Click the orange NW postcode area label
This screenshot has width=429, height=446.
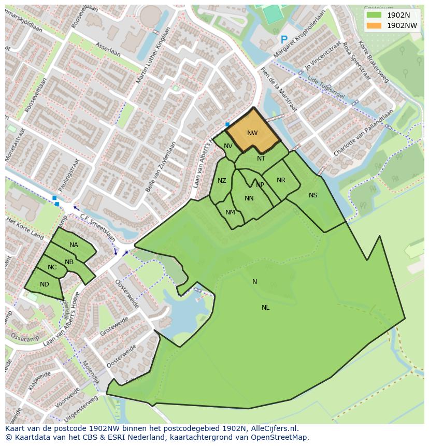point(252,133)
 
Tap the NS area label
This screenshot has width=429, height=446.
point(313,195)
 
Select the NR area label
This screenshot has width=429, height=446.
point(281,180)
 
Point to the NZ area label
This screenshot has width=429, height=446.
point(222,181)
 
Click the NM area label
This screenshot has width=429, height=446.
point(230,212)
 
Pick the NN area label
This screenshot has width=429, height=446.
point(249,198)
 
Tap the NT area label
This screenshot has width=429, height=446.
point(261,159)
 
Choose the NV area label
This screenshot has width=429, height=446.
point(228,146)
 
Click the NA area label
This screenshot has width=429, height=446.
point(74,245)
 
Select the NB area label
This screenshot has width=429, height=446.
point(69,262)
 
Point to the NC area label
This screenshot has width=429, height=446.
point(52,267)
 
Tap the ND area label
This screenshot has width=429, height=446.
point(44,284)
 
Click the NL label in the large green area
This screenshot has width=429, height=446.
point(265,308)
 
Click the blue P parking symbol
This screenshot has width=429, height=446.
point(283,39)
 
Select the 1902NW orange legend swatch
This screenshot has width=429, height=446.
point(374,25)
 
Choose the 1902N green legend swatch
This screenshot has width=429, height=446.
point(374,15)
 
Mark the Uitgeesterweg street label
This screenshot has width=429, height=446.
point(82,408)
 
